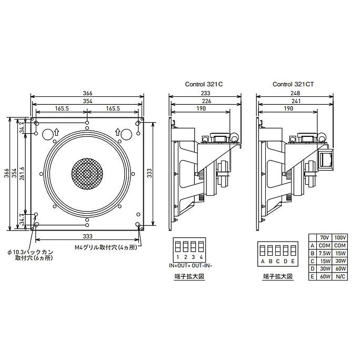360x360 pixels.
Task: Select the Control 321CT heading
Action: coord(294,84)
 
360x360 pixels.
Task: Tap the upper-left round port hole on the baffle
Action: coord(48,135)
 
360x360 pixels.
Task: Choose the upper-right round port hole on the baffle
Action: coord(125,135)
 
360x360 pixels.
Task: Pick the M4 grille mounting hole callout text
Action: coord(105,246)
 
